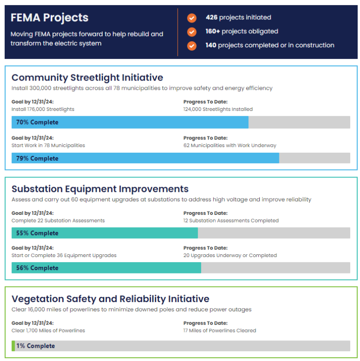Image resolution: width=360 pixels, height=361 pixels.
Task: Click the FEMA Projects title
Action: coord(49,18)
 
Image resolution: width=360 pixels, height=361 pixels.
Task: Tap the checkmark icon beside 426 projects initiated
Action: coord(192,18)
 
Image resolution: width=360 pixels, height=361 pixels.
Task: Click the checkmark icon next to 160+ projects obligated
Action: coord(192,32)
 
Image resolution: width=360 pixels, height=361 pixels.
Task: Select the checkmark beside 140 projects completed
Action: coord(192,46)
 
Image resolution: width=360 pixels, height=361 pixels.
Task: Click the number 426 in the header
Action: coord(212,17)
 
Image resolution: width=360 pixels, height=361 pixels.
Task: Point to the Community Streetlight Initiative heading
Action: coord(87,77)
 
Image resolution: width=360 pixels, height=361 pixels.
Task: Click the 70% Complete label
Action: coord(37,122)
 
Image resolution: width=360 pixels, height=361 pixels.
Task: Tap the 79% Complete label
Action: coord(37,158)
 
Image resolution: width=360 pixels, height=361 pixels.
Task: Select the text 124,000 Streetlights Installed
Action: coord(218,109)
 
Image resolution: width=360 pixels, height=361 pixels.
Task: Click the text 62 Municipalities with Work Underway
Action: coord(230,145)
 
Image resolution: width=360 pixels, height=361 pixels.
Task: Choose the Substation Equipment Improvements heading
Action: coord(100,189)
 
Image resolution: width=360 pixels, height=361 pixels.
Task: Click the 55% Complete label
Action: coord(37,233)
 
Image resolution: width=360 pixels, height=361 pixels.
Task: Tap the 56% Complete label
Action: coord(37,268)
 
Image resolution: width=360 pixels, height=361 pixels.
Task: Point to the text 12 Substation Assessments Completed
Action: coord(231,221)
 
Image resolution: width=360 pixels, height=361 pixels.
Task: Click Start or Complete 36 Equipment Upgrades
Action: coord(64,256)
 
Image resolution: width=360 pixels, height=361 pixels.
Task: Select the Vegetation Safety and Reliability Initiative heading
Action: coord(110,299)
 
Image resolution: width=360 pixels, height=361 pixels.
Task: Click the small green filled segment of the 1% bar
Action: coord(13,346)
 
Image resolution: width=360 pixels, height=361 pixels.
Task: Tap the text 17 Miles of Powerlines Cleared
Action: coord(220,331)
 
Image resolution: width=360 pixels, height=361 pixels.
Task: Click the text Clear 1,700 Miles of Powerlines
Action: coord(48,331)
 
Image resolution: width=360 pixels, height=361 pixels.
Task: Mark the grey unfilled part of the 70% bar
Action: coord(299,122)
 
